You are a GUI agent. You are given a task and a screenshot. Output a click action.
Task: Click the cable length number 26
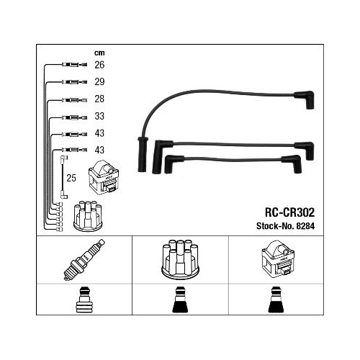pos(99,65)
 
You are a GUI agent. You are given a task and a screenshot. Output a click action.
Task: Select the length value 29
pos(99,82)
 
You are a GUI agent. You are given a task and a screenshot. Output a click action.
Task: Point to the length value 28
pos(99,99)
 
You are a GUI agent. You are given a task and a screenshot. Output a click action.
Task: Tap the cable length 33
pos(99,116)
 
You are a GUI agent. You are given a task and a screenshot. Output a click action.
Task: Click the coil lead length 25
pos(71,178)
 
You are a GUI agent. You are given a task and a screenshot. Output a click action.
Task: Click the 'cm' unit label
pos(99,53)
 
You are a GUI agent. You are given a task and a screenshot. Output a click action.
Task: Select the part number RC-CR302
pos(289,212)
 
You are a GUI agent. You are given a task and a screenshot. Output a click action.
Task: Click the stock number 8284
pos(305,226)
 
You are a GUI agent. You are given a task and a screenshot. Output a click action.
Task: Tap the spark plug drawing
pos(84,260)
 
